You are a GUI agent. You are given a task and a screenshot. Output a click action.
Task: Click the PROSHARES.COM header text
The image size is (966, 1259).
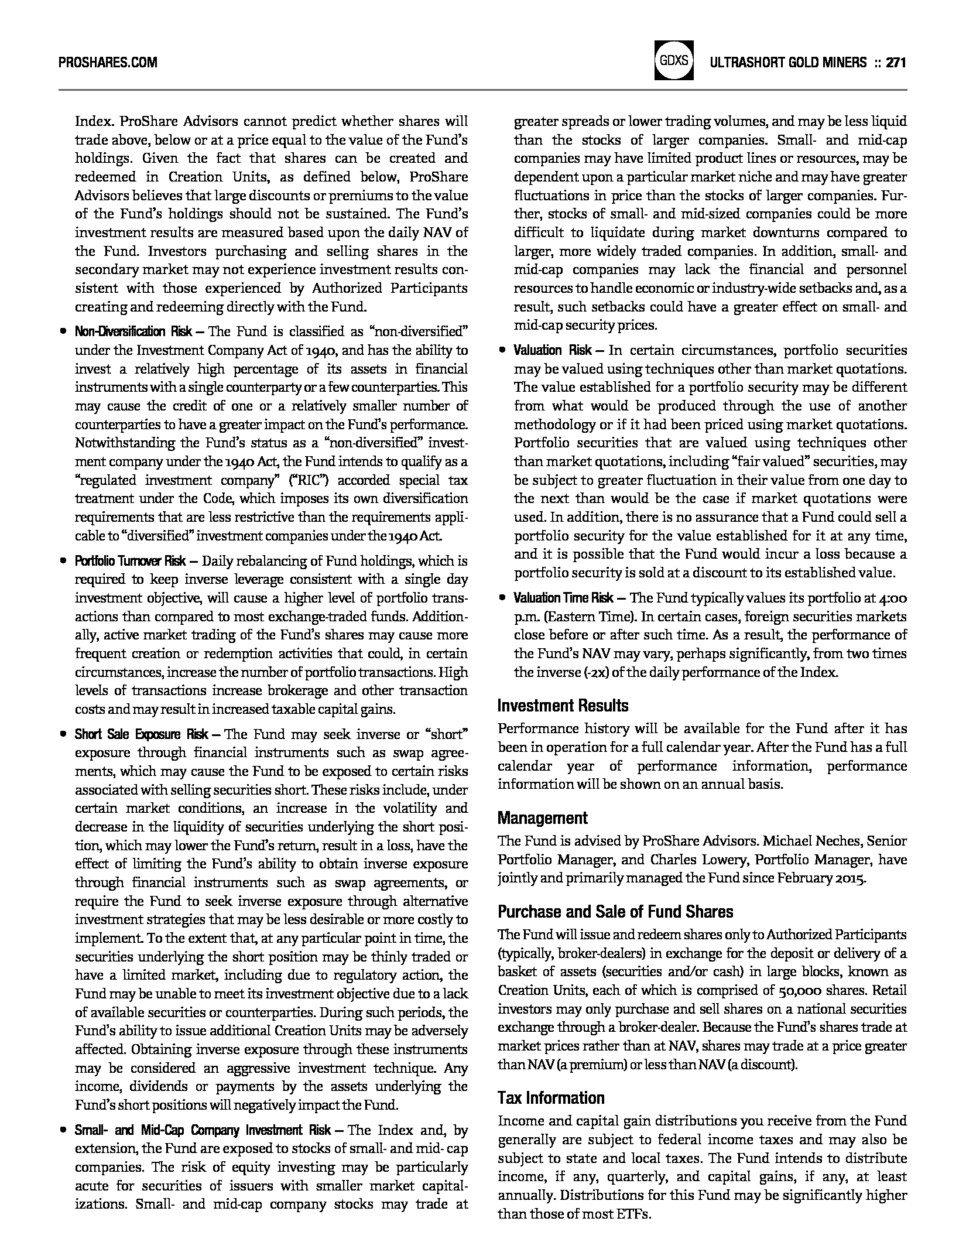click(108, 63)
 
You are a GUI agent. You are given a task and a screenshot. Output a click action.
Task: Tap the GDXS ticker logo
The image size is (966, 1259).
click(674, 60)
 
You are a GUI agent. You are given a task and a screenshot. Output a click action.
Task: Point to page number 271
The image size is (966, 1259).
click(896, 63)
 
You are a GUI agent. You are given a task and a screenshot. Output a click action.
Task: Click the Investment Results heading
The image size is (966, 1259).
click(563, 706)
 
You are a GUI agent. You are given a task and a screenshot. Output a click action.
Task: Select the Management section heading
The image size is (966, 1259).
click(542, 818)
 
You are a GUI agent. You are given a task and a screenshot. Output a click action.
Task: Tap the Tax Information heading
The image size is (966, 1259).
click(550, 1098)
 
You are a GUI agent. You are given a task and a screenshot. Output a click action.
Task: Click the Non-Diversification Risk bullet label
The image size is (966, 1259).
click(133, 332)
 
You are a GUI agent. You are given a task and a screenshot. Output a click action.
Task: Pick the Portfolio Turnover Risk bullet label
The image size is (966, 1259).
click(130, 561)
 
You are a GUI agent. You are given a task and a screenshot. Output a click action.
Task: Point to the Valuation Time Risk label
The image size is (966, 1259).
click(563, 598)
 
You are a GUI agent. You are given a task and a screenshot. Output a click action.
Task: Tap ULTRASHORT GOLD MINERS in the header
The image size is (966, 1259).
click(787, 63)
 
